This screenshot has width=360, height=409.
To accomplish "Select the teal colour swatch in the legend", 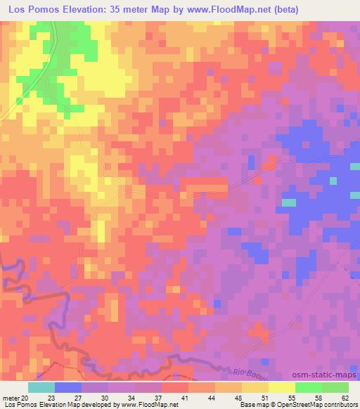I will tap(41, 387).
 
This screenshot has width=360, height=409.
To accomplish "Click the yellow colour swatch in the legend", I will tap(281, 387).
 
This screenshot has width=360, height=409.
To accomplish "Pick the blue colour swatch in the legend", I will tap(68, 387).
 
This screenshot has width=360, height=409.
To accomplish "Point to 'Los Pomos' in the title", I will tap(30, 10).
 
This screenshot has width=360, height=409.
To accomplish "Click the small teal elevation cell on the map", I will tap(288, 202).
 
